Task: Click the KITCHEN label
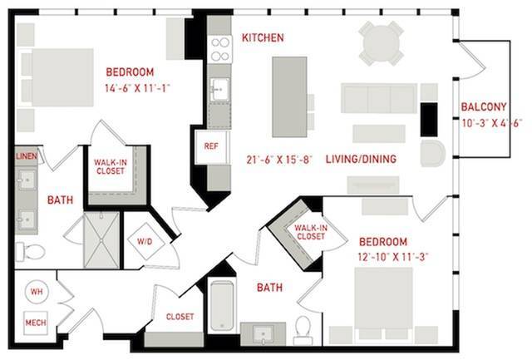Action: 263,37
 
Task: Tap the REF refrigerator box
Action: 211,147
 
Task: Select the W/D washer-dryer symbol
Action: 146,241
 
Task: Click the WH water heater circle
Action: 37,292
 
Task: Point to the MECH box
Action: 36,323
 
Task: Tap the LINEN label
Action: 27,156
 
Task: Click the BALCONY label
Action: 484,107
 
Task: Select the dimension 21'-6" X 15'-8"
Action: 279,160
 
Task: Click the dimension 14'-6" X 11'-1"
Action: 137,89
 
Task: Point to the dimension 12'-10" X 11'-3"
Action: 393,257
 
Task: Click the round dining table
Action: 382,43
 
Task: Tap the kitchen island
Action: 289,96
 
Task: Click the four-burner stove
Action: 219,49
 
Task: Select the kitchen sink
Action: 219,90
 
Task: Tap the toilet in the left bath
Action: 30,252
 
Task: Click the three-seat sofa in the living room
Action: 379,98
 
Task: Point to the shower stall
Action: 101,240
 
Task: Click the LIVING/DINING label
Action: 361,159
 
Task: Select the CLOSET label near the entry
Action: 180,317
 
